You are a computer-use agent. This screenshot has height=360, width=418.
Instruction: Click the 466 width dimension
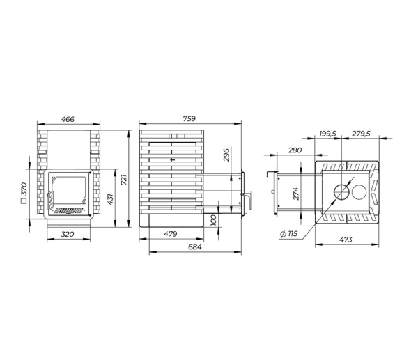pos(68,119)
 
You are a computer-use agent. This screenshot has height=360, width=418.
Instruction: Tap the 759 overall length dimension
pos(189,118)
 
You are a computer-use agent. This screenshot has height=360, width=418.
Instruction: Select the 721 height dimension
pos(125,179)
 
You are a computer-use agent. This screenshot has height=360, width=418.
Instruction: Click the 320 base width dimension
pos(68,235)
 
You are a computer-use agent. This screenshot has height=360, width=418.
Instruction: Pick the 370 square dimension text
pos(24,189)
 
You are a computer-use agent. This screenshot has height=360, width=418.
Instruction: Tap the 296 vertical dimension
pos(226,155)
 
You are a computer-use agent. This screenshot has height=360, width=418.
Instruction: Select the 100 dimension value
pos(214,220)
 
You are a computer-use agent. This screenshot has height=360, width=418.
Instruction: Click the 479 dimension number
pos(171,234)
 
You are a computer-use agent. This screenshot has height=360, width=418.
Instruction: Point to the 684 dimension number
pos(195,247)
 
